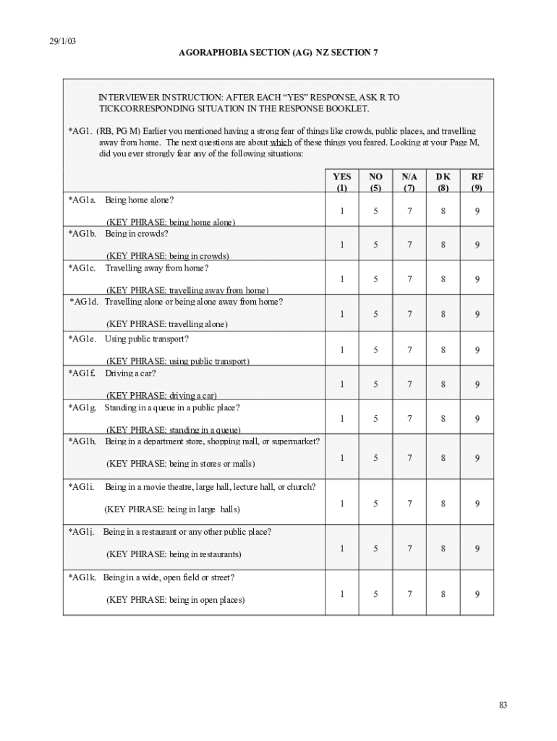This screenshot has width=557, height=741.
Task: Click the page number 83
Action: coord(503,706)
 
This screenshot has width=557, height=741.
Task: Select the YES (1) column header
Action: coord(342,182)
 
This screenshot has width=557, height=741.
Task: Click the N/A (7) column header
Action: coord(409,182)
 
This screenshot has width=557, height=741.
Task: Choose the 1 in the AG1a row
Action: coord(342,211)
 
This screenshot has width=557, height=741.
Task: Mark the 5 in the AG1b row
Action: coord(375,245)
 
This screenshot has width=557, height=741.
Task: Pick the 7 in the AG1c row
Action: coord(409,279)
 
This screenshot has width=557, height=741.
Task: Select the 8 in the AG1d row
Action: coord(443,314)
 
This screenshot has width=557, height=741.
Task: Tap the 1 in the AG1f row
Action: coord(342,384)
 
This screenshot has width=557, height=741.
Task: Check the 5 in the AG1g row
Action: coord(375,418)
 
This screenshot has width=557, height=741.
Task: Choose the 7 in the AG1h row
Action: coord(409,457)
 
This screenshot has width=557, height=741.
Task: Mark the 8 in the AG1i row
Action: coord(443,503)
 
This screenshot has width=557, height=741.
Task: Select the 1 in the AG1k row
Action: coord(342,594)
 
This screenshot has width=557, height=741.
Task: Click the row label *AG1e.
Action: coord(82,339)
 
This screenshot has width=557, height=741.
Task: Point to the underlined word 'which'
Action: coord(281,143)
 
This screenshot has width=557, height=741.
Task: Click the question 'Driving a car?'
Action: coord(130,373)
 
